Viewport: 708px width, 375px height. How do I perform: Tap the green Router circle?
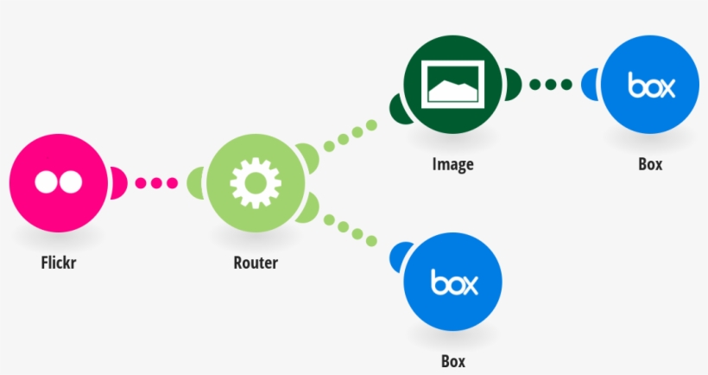tap(255, 182)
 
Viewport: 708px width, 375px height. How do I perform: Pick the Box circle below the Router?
tap(453, 281)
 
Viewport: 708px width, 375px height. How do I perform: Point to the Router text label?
tap(256, 263)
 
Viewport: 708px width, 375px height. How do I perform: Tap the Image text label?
tap(452, 164)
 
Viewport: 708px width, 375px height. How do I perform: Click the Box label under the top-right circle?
tap(650, 164)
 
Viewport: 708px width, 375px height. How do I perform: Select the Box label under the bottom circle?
tap(453, 360)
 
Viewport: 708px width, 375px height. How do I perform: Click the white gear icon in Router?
tap(255, 182)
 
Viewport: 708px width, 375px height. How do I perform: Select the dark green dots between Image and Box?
tap(551, 85)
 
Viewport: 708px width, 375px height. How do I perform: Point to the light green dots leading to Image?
tap(351, 134)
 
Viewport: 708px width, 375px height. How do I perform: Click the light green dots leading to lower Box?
tap(351, 229)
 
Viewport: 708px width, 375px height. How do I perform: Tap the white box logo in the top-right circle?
tap(650, 86)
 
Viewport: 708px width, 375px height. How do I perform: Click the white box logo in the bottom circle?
tap(453, 282)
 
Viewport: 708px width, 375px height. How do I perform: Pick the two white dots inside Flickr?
tap(57, 181)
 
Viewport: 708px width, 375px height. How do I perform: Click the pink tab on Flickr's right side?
tap(117, 182)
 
